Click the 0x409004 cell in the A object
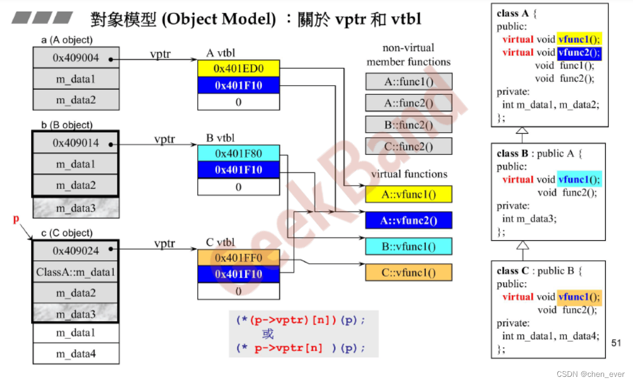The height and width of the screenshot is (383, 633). tap(76, 57)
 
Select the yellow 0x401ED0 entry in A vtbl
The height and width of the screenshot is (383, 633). tap(238, 68)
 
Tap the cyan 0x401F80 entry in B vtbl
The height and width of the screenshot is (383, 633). tap(238, 153)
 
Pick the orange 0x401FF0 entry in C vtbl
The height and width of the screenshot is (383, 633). tap(238, 258)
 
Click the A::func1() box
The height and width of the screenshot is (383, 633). tap(409, 82)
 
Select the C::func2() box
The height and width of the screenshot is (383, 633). tap(409, 146)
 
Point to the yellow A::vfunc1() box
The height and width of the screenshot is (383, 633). tap(409, 195)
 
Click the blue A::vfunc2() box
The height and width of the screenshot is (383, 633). tap(409, 220)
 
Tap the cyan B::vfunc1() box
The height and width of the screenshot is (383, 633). tap(409, 246)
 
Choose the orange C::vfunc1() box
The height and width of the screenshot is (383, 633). tap(409, 273)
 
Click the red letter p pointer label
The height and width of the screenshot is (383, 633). tap(16, 220)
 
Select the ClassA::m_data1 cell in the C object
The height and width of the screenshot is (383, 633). tap(76, 272)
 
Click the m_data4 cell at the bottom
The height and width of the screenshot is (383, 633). tap(76, 353)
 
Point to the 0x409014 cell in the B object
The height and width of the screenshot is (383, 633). tap(76, 143)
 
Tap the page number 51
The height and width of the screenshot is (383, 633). tap(616, 343)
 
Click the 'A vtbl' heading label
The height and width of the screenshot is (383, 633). tap(220, 53)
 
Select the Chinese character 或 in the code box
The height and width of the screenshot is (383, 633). tap(268, 334)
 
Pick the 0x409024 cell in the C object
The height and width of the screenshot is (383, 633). tap(76, 251)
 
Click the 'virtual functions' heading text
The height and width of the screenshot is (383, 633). tap(409, 174)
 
